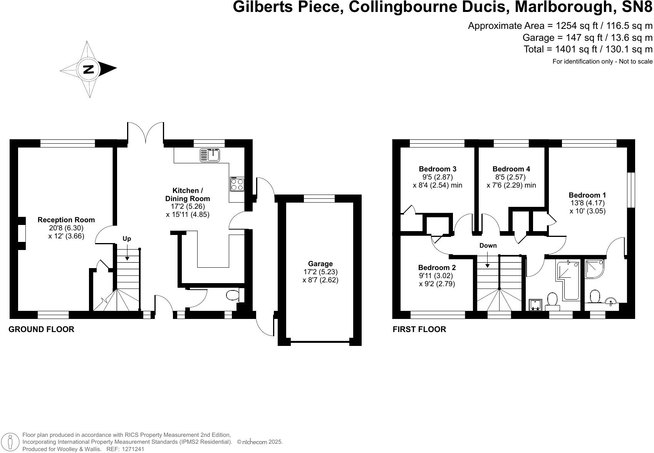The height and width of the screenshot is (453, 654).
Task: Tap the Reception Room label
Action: point(66,220)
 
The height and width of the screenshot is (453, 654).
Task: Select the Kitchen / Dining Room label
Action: point(188,195)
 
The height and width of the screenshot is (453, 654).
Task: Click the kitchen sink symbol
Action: point(210,155)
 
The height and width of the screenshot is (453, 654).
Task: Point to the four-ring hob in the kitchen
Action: point(237,184)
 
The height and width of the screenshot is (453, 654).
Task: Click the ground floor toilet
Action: point(233,295)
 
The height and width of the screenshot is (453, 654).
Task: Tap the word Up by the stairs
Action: point(127,239)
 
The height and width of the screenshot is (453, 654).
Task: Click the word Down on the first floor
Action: point(488,246)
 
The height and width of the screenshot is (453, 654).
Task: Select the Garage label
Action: point(320,264)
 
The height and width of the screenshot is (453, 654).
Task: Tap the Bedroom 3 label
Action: point(438,169)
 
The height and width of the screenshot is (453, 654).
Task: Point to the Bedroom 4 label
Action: point(511,169)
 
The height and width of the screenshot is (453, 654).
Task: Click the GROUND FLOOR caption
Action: point(41,329)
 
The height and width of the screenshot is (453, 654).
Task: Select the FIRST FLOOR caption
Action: point(419,329)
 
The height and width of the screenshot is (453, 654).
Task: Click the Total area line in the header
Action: point(588,49)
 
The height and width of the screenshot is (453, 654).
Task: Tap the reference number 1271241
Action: point(133,449)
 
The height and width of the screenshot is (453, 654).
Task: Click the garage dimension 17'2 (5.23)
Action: point(320,272)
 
